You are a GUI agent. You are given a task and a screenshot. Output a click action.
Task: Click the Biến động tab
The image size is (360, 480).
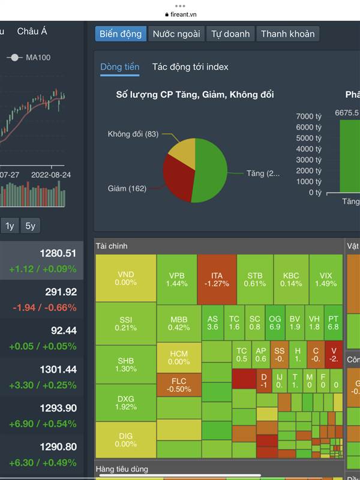coord(121,34)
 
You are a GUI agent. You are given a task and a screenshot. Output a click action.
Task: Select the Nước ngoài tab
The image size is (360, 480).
coord(176,34)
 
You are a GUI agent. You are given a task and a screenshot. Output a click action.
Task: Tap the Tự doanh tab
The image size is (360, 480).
coord(230,34)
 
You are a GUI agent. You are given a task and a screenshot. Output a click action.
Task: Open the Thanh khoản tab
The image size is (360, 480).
coord(287,34)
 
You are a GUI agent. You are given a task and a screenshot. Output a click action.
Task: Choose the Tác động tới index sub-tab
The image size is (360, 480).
coord(190,67)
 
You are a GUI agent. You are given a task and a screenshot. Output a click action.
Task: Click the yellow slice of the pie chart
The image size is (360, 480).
coord(184,154)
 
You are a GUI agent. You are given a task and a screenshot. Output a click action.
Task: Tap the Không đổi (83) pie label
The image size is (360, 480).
coord(133,134)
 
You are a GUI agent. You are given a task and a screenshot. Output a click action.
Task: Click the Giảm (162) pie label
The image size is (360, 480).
coord(127,188)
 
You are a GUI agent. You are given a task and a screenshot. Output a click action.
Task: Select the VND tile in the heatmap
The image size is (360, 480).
coord(125,278)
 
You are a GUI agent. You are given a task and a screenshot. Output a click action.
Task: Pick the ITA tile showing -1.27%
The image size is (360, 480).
coord(217,279)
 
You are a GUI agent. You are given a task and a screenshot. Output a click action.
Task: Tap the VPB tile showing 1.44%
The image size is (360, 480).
coord(177,279)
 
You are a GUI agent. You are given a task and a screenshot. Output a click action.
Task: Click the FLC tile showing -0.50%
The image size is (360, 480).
coord(179,385)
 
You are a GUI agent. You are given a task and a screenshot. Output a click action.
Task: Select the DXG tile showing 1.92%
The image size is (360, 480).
coord(125,403)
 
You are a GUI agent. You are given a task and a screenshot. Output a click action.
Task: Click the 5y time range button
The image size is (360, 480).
coord(30,226)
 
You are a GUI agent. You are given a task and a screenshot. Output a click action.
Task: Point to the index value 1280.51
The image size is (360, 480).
coord(58,253)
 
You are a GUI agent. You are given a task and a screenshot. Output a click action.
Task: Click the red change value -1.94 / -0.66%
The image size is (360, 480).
coord(45,308)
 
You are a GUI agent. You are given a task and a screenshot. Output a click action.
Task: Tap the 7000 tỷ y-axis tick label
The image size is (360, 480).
coord(310,116)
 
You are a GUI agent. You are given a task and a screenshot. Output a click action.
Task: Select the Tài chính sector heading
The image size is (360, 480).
coord(112,246)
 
